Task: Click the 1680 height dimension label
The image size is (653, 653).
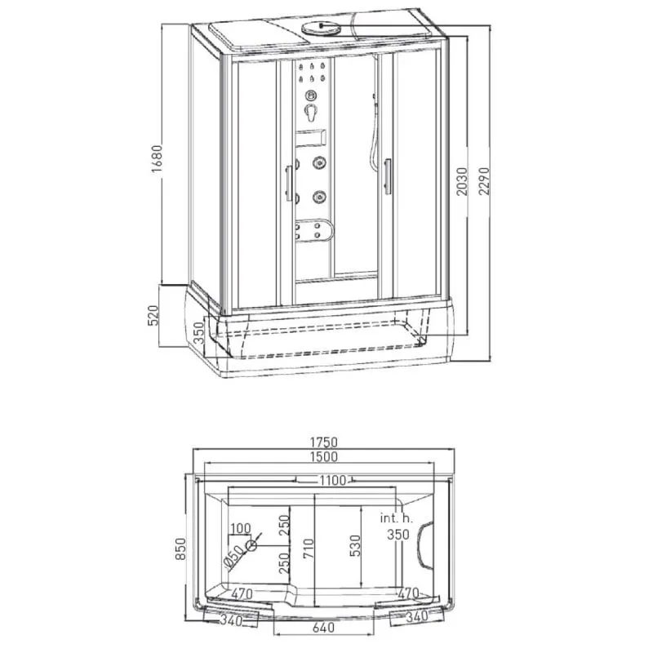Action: click(157, 158)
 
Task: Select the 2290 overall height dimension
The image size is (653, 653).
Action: click(484, 181)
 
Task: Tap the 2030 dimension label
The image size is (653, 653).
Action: click(463, 181)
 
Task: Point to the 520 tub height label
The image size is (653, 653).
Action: click(153, 316)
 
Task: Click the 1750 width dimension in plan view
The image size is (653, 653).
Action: click(323, 442)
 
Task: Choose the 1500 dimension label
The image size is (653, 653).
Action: click(323, 457)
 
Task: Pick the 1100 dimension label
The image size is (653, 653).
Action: click(332, 481)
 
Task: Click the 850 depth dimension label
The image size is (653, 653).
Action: click(180, 549)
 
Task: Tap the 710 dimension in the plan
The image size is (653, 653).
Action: click(309, 549)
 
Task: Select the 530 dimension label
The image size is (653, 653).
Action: click(355, 545)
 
